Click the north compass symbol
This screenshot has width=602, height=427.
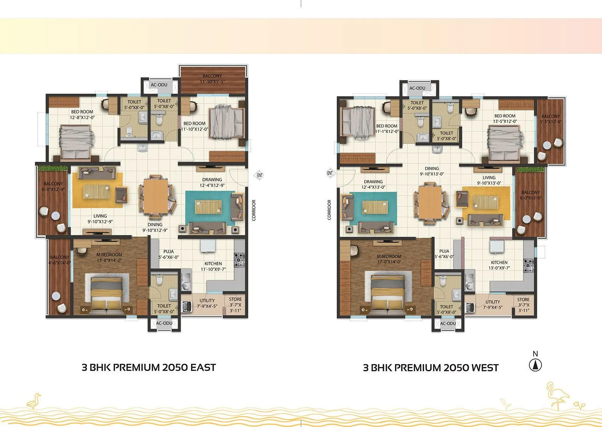535,365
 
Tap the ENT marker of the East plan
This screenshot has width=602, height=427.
260,175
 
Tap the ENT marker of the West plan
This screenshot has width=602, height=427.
330,173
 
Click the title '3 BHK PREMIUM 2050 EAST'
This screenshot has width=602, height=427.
149,368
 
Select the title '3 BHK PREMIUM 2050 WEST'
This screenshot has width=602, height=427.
430,368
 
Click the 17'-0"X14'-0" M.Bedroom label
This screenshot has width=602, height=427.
389,259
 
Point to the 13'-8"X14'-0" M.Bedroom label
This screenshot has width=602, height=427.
109,258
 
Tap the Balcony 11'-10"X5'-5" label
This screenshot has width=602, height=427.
212,79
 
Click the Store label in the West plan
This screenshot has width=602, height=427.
523,305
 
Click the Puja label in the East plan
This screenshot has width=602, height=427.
168,254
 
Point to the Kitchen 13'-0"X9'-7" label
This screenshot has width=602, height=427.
499,265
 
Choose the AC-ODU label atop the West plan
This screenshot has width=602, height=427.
417,88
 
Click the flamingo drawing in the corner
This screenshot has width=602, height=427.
555,395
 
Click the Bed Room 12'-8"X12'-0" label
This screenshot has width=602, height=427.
82,114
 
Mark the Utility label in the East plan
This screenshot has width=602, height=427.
207,303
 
